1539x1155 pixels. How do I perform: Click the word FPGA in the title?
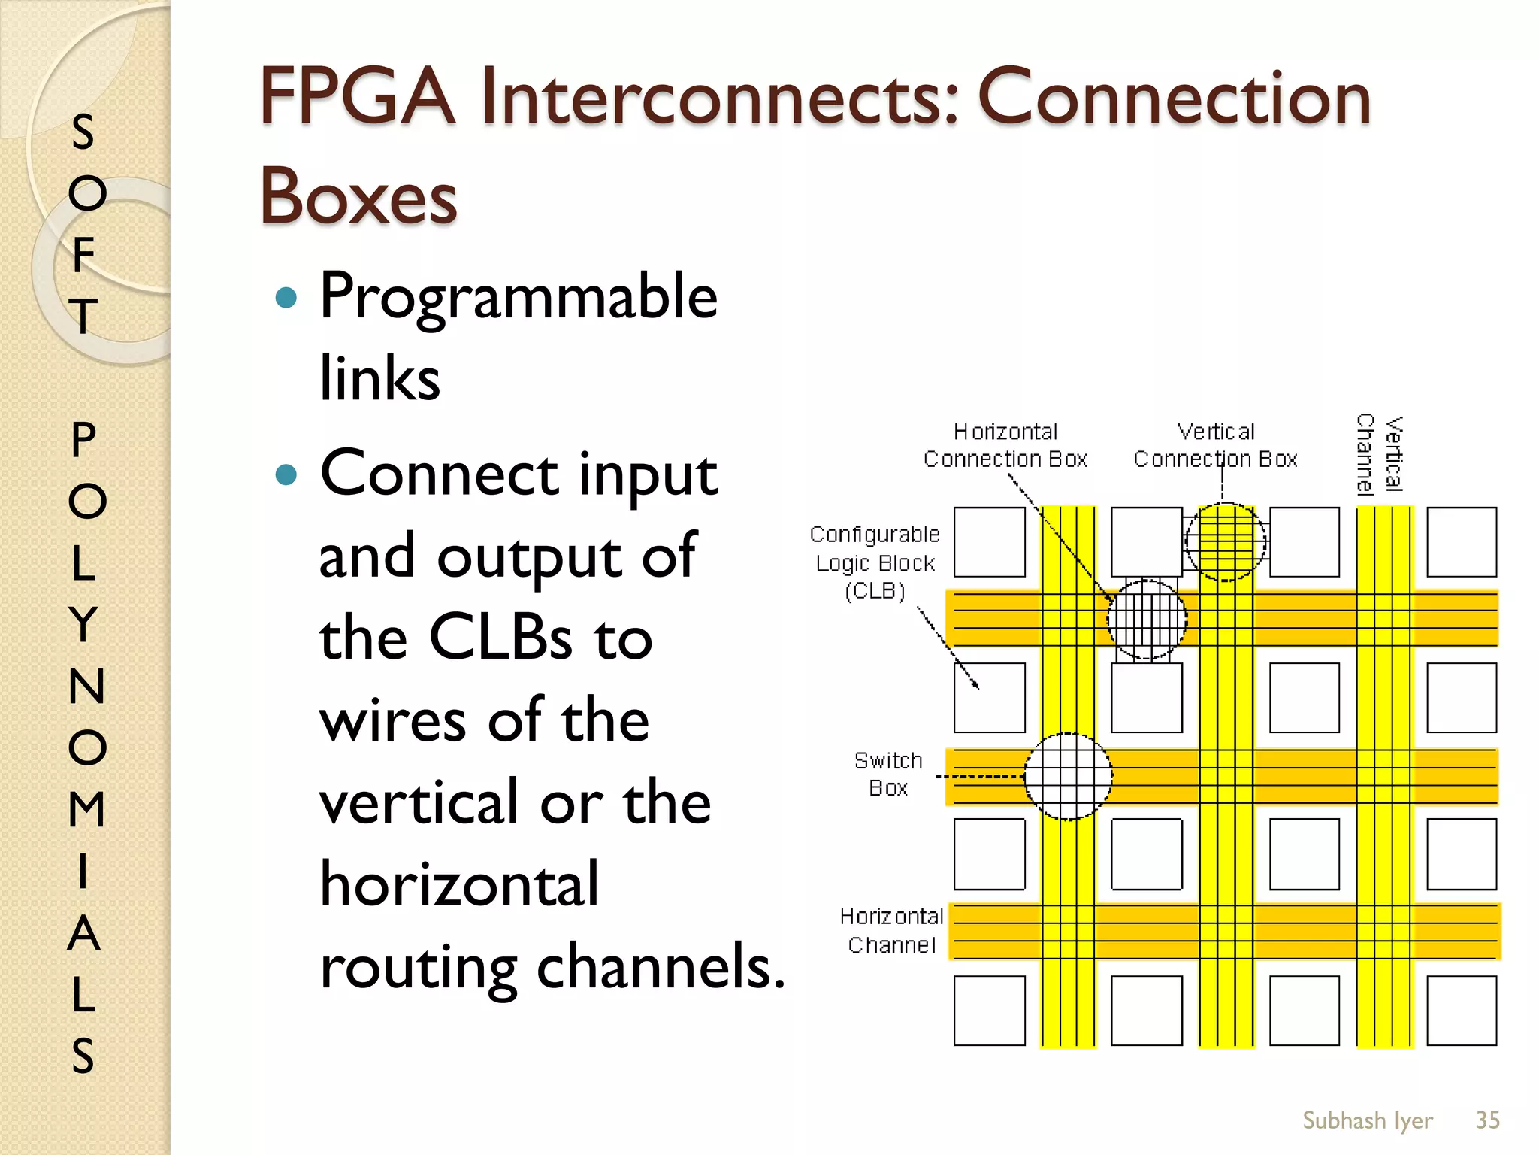[x=358, y=98]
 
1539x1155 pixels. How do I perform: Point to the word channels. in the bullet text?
[x=661, y=966]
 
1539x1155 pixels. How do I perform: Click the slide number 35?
[x=1487, y=1120]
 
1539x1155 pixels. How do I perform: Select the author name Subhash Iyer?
[x=1367, y=1120]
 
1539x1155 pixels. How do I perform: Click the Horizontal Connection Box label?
[x=1005, y=445]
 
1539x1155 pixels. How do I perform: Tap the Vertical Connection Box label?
[x=1215, y=445]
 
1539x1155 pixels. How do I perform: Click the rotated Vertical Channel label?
[x=1380, y=454]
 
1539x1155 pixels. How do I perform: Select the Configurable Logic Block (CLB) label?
[x=875, y=562]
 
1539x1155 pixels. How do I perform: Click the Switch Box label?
[x=888, y=775]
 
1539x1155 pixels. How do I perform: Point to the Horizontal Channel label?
[x=892, y=930]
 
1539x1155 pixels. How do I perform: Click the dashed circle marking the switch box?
[x=1068, y=776]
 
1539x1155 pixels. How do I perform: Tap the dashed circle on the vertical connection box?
[x=1225, y=541]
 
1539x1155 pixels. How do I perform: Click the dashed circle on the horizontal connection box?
[x=1147, y=619]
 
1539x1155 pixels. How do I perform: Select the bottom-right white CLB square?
[x=1462, y=1011]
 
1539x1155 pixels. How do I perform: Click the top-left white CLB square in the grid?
[x=989, y=541]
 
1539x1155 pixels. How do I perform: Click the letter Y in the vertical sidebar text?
[x=84, y=624]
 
